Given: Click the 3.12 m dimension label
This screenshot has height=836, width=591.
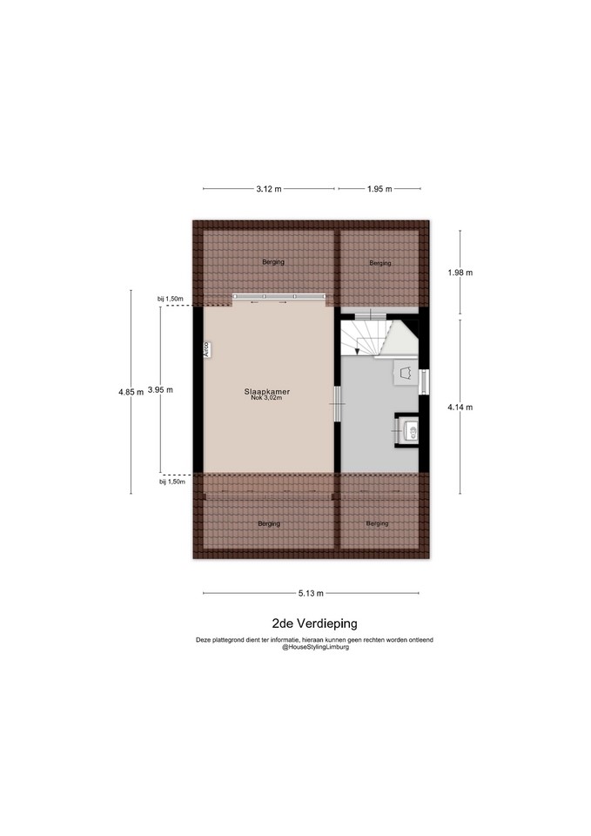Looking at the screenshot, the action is (x=269, y=189).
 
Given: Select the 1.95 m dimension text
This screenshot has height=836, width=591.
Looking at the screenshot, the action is (x=379, y=189).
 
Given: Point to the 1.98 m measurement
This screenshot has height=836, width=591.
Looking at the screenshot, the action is (x=460, y=273).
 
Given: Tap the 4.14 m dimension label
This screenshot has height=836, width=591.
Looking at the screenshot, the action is (x=460, y=407).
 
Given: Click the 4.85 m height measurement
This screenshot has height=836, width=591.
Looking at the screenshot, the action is (x=131, y=392).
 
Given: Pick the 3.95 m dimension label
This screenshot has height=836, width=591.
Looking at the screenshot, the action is (x=160, y=390).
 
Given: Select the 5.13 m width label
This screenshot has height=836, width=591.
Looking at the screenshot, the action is (x=312, y=593).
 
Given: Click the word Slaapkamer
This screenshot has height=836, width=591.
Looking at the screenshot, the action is (x=267, y=391).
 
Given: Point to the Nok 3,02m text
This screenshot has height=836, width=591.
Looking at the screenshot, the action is (x=267, y=398).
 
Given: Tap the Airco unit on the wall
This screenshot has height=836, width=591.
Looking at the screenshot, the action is (x=205, y=348).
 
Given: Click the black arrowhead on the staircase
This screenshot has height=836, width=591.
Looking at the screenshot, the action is (x=357, y=350).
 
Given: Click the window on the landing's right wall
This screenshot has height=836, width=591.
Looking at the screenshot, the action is (x=424, y=381).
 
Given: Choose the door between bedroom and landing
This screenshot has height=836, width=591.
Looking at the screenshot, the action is (x=338, y=403).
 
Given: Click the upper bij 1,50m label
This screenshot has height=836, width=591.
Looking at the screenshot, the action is (x=171, y=299).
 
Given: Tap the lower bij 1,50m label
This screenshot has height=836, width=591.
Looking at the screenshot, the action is (x=172, y=482).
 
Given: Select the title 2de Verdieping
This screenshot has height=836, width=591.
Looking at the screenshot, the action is (x=314, y=624).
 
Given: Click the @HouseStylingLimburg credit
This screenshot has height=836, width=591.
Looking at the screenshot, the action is (x=315, y=647).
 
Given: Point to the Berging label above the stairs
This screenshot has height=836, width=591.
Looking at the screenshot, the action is (x=380, y=263).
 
